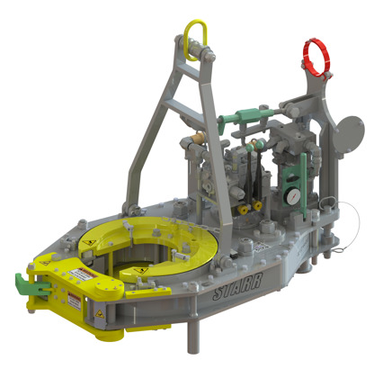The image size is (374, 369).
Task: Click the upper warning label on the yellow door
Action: (x=80, y=273)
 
